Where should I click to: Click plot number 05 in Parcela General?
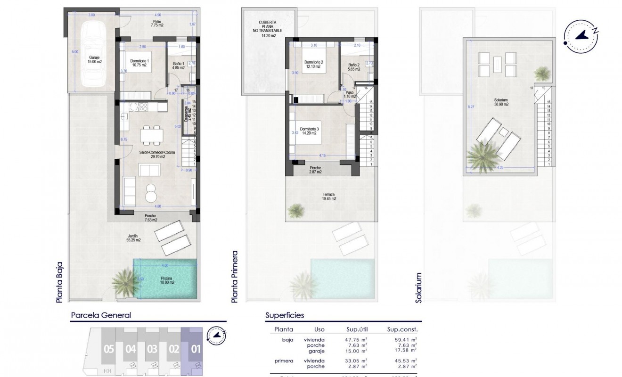[108, 350]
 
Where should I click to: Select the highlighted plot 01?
[195, 350]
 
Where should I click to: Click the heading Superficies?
[285, 315]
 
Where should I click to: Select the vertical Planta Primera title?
[235, 277]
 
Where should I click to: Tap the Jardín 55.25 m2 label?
[134, 238]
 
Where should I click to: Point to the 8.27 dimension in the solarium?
[470, 107]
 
